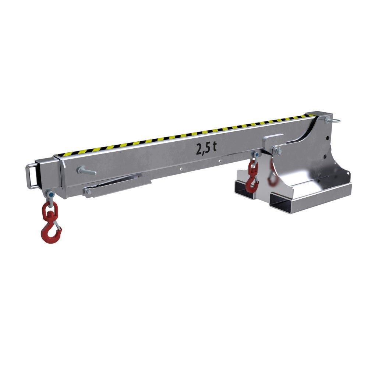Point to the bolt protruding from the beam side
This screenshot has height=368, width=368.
pos(86,171)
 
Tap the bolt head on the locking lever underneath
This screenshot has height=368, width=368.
pos(88,192)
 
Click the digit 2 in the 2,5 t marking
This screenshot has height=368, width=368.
pos(200,149)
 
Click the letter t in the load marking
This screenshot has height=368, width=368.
pos(214,147)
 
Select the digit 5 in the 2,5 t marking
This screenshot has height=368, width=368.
pos(208,148)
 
